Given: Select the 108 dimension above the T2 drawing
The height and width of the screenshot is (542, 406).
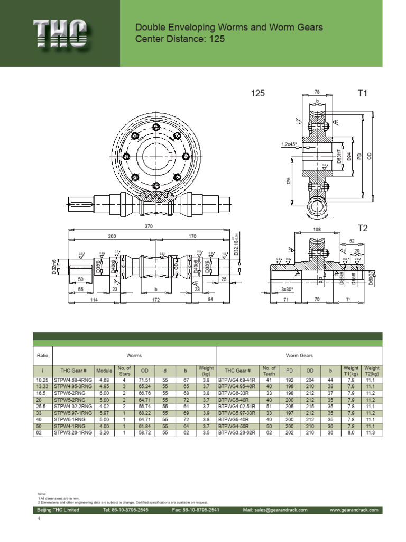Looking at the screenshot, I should [318, 230].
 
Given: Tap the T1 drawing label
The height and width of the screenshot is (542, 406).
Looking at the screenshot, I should [363, 93].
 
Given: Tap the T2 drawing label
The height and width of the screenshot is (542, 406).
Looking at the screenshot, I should [363, 228].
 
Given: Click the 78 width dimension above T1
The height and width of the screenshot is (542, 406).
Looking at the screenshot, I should [317, 91].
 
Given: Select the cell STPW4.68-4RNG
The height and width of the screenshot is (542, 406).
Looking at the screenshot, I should [73, 380].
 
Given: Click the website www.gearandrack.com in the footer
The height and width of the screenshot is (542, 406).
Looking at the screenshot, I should [354, 510].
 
